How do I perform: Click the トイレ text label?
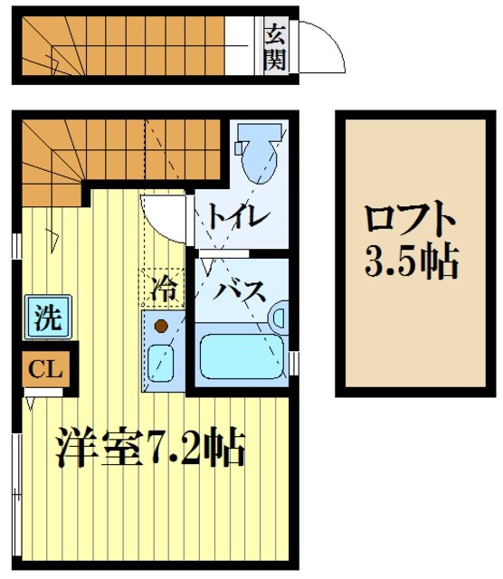(x=236, y=216)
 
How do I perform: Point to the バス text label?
(x=240, y=292)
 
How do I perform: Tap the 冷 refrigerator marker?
(x=163, y=290)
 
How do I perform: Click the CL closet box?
(x=39, y=368)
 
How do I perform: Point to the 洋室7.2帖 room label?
(x=149, y=445)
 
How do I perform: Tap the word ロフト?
(x=412, y=222)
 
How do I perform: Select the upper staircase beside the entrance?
(x=127, y=47)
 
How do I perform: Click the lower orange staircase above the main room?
(x=118, y=149)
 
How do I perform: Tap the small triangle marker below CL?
(x=33, y=395)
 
